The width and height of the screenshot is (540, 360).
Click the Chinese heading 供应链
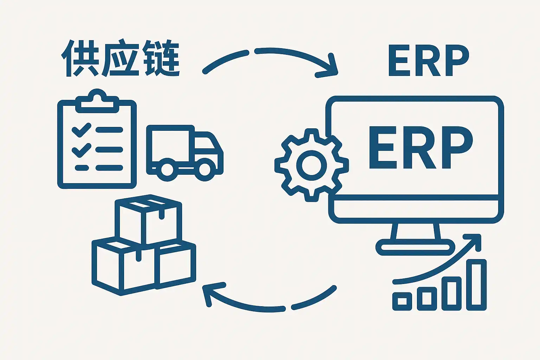click(x=121, y=59)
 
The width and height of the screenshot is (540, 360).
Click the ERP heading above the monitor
click(x=429, y=61)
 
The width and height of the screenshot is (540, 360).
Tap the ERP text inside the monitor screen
click(x=420, y=148)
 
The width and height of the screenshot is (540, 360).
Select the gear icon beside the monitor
click(x=311, y=165)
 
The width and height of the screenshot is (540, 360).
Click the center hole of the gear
click(x=311, y=165)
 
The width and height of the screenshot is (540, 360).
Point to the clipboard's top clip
click(x=97, y=100)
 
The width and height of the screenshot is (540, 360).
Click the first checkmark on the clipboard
click(x=81, y=130)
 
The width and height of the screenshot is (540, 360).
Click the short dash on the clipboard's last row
click(x=82, y=168)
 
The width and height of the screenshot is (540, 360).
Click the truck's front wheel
click(x=205, y=169)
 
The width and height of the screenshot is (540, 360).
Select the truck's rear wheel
click(x=167, y=170)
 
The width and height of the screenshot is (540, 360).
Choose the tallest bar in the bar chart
click(x=476, y=285)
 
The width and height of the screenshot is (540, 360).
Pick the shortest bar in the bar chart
click(x=402, y=301)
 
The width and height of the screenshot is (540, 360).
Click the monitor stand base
click(x=415, y=247)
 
